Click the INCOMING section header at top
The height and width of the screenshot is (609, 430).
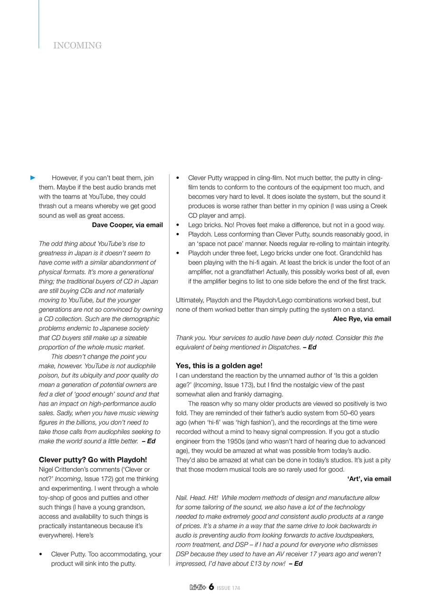click(77, 46)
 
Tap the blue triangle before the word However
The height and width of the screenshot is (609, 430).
click(33, 178)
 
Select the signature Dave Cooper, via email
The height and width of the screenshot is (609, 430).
click(127, 225)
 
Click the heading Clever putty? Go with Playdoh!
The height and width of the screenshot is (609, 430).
click(93, 460)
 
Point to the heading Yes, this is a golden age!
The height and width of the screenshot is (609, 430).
click(219, 366)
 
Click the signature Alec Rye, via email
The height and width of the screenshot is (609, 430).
click(362, 319)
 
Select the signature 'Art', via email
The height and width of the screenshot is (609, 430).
click(369, 479)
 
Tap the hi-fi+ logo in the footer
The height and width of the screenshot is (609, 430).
click(198, 588)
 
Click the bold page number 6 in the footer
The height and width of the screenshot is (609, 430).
click(211, 587)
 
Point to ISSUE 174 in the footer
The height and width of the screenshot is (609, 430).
click(229, 588)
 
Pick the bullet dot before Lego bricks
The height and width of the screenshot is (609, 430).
click(178, 225)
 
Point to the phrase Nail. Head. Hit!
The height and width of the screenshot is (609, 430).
click(196, 498)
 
